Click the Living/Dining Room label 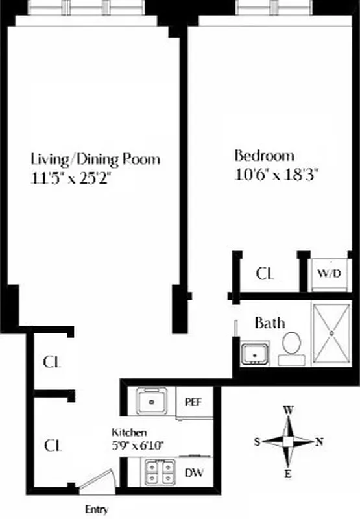coord(95,159)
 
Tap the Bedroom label coord(264,156)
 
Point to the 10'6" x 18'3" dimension coord(278,174)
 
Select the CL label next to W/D coord(265,273)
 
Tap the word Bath coord(269,322)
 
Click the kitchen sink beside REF coord(154,402)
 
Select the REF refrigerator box coord(194,402)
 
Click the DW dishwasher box coord(194,472)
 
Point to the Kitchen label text coord(129,432)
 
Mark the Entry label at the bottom coord(97,509)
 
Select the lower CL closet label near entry coord(53,446)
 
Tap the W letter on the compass coord(288,410)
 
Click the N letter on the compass coord(319,442)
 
